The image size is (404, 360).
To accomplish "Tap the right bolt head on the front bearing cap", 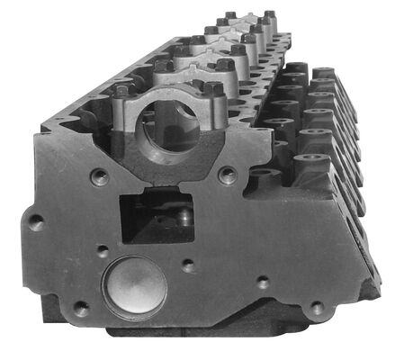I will tap(213, 88).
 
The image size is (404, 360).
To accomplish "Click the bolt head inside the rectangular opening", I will tap(183, 216).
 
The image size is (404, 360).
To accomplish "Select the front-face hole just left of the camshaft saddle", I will tap(100, 176).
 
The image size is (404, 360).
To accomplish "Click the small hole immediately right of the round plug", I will tap(187, 265).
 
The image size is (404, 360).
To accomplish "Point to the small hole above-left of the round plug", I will tap(103, 252).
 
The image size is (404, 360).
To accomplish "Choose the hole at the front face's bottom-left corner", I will tap(80, 309).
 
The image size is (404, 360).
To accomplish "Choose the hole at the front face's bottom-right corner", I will tap(316, 308).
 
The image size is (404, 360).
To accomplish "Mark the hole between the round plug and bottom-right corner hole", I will tap(262, 283).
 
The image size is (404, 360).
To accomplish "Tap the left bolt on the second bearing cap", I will tap(163, 65).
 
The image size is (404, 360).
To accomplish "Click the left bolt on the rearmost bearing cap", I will tap(230, 15).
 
